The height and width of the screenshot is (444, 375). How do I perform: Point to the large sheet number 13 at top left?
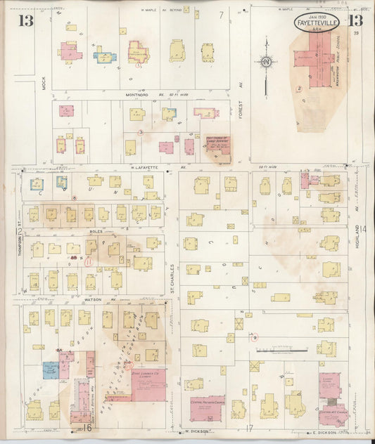coord(26,20)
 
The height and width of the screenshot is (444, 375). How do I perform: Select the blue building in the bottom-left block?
coord(50,370)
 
